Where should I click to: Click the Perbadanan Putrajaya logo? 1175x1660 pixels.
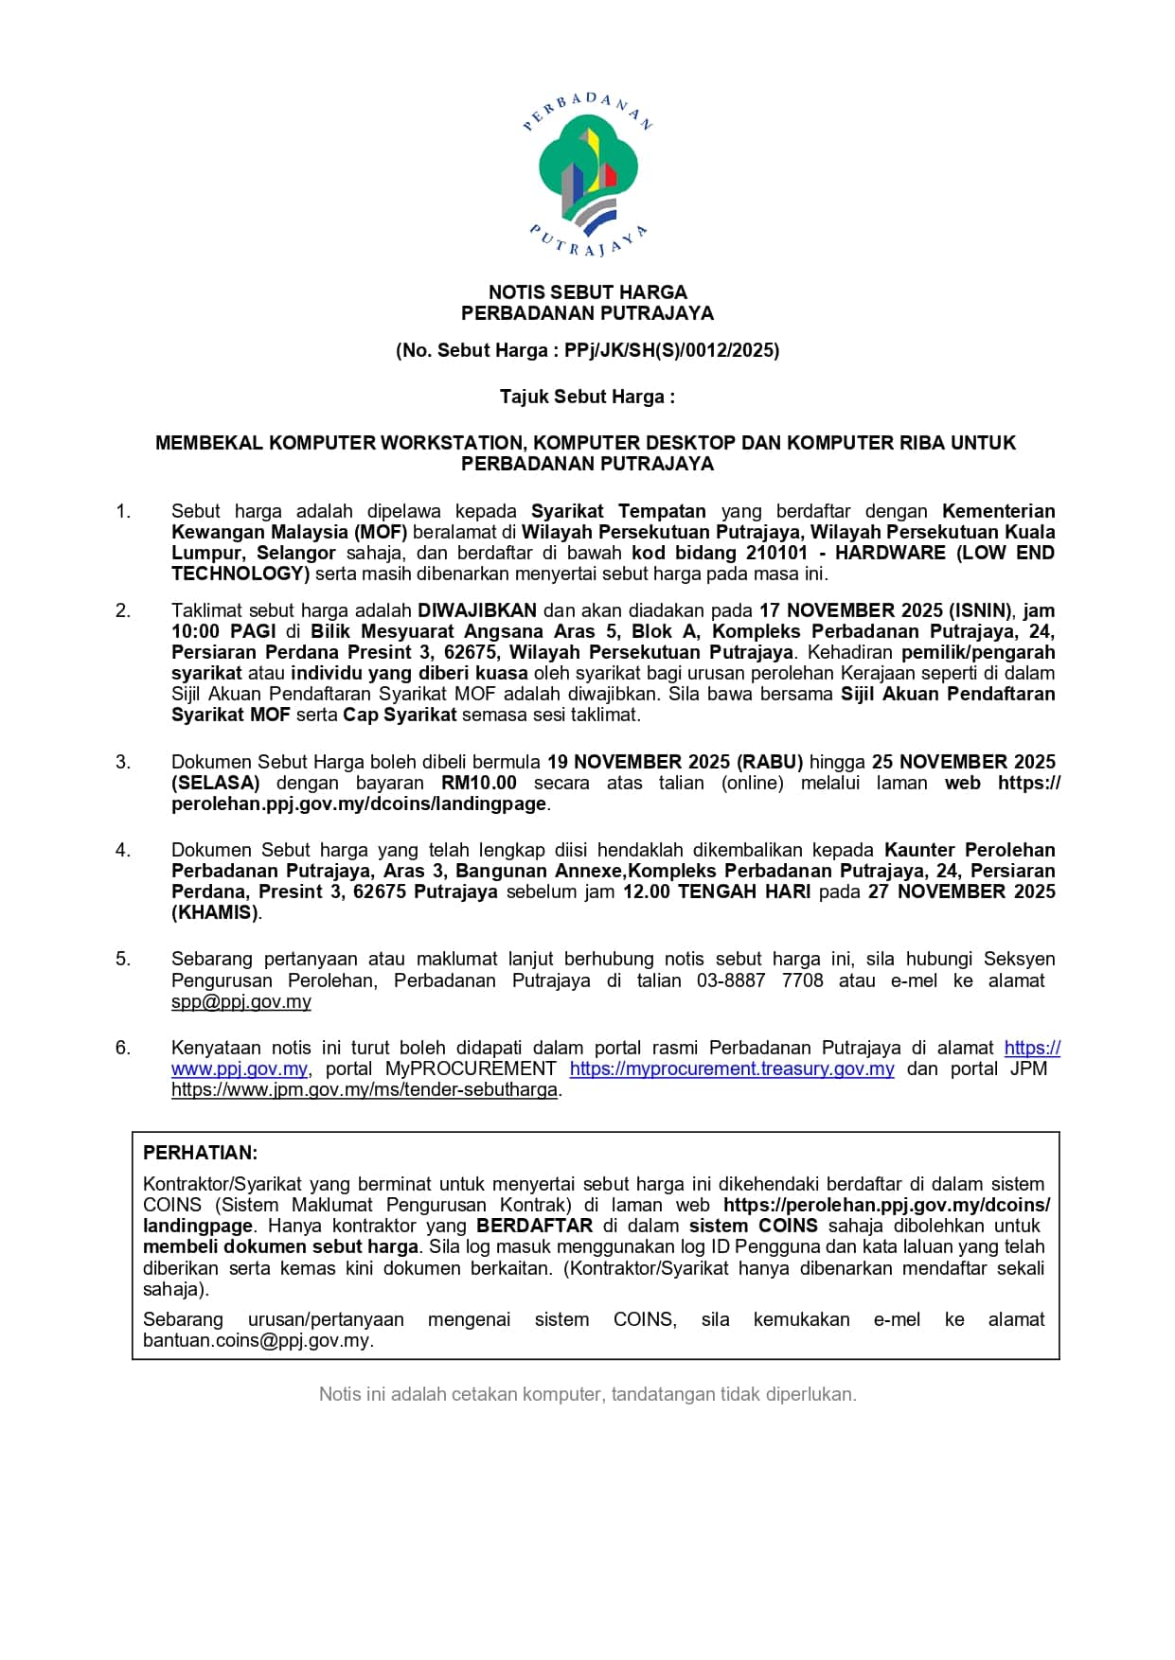coord(587,175)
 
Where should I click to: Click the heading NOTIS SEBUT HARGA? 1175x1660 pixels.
coord(587,292)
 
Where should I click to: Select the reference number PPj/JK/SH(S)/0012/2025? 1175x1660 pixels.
coord(671,350)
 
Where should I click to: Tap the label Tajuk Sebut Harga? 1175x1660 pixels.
coord(587,397)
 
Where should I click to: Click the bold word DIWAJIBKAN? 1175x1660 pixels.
coord(477,610)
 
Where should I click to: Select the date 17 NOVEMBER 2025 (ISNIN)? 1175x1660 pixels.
coord(885,610)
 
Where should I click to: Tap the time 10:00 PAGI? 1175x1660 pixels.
coord(223,631)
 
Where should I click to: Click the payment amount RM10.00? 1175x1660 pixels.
coord(479,783)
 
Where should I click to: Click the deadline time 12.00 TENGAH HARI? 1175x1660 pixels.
coord(717,892)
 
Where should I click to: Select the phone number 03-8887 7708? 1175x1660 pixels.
coord(760,980)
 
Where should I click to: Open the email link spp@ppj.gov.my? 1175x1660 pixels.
coord(240,1001)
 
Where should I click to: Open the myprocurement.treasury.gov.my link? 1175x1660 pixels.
coord(732,1068)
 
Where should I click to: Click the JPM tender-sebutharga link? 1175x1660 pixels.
coord(365,1089)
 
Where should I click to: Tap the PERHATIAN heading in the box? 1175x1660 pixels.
coord(200,1153)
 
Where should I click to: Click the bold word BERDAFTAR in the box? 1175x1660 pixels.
coord(534,1226)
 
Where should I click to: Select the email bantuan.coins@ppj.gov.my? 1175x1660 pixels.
coord(257,1340)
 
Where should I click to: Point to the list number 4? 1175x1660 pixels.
coord(123,850)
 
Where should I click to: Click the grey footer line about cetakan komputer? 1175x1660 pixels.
coord(587,1394)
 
